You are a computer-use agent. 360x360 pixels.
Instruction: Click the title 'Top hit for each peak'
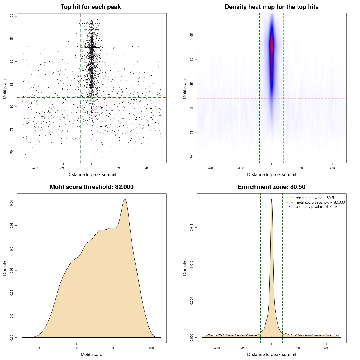91,7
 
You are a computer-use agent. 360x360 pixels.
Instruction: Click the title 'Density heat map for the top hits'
271,7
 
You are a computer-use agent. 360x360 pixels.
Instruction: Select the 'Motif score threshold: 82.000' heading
91,187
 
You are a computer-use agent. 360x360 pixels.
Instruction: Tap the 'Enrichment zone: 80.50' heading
271,187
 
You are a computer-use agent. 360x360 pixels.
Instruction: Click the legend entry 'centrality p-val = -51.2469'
316,207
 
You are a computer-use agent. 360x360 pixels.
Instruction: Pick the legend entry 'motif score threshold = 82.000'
320,202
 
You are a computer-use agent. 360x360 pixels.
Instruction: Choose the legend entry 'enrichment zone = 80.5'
315,198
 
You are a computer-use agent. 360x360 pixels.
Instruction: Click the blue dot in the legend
289,207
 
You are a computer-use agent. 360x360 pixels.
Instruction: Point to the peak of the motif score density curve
125,199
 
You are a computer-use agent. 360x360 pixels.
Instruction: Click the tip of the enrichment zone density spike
272,199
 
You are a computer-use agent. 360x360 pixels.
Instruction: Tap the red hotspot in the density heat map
272,45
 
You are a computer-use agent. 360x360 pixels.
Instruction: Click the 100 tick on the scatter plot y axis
12,16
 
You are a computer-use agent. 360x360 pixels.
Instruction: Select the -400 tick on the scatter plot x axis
35,168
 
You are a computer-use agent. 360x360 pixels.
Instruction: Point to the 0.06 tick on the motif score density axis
12,203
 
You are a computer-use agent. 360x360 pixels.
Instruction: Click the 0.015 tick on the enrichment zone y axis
192,227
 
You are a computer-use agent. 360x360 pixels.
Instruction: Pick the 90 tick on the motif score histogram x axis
114,348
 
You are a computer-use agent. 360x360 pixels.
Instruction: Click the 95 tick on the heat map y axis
192,35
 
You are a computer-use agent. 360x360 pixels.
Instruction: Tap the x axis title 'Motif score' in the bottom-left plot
91,354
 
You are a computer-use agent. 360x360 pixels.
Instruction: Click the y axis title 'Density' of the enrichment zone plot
185,268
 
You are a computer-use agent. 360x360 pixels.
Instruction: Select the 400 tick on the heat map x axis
332,168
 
